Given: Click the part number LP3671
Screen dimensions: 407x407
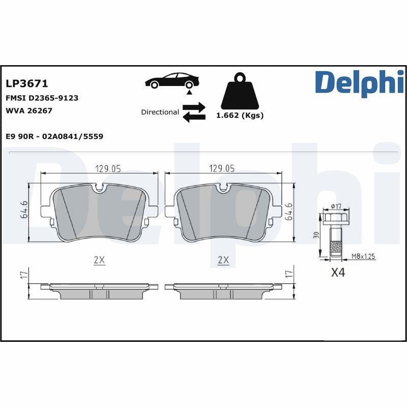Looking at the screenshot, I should (x=26, y=83).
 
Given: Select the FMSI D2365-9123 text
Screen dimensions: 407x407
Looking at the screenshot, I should (x=42, y=98).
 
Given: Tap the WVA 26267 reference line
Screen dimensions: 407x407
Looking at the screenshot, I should (x=29, y=110).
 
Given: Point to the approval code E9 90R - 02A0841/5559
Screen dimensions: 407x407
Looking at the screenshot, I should (x=54, y=136).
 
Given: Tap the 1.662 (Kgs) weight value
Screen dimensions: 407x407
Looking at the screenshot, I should (x=240, y=115).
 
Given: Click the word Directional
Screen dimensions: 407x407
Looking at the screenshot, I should (x=160, y=112).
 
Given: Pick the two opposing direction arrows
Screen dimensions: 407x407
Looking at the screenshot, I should (x=194, y=112).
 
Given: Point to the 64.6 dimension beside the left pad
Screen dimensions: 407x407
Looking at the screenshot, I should (x=23, y=211).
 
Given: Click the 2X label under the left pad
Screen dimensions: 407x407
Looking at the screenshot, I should (x=99, y=259).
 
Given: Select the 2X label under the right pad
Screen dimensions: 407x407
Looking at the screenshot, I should (x=223, y=259).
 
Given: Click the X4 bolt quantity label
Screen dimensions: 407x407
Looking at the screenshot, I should (x=338, y=273).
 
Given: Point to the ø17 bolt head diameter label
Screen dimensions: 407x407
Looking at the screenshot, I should (x=336, y=206).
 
